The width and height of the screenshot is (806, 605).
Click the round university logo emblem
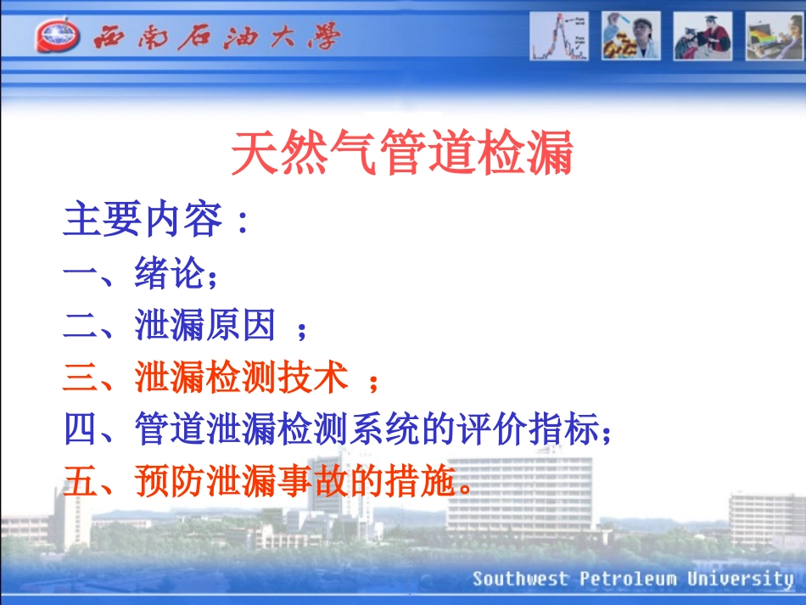click(x=57, y=36)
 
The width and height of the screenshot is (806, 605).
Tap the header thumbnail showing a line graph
click(x=559, y=36)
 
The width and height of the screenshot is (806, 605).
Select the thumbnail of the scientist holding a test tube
click(x=630, y=36)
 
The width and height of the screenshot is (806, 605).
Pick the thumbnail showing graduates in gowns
click(x=702, y=36)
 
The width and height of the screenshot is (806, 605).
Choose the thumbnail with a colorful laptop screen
click(x=774, y=36)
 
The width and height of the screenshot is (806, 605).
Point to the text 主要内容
click(x=143, y=221)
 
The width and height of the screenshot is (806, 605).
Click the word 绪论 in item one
click(x=170, y=273)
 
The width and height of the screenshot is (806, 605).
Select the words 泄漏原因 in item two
click(x=206, y=326)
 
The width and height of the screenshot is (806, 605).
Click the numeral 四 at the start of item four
click(x=81, y=430)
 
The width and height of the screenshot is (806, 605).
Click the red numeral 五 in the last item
click(x=81, y=483)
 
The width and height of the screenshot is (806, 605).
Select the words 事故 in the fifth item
click(x=313, y=483)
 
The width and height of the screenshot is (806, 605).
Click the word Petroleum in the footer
click(x=629, y=580)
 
